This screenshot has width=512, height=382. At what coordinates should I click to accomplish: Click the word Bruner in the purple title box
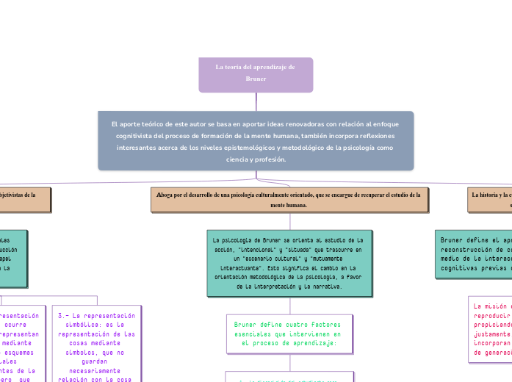click(x=256, y=78)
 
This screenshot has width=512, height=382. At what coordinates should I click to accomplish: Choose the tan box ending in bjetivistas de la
click(x=25, y=200)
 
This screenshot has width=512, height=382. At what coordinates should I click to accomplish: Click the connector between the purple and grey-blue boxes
click(x=256, y=101)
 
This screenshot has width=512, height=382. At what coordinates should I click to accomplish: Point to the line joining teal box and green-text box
click(x=290, y=306)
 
